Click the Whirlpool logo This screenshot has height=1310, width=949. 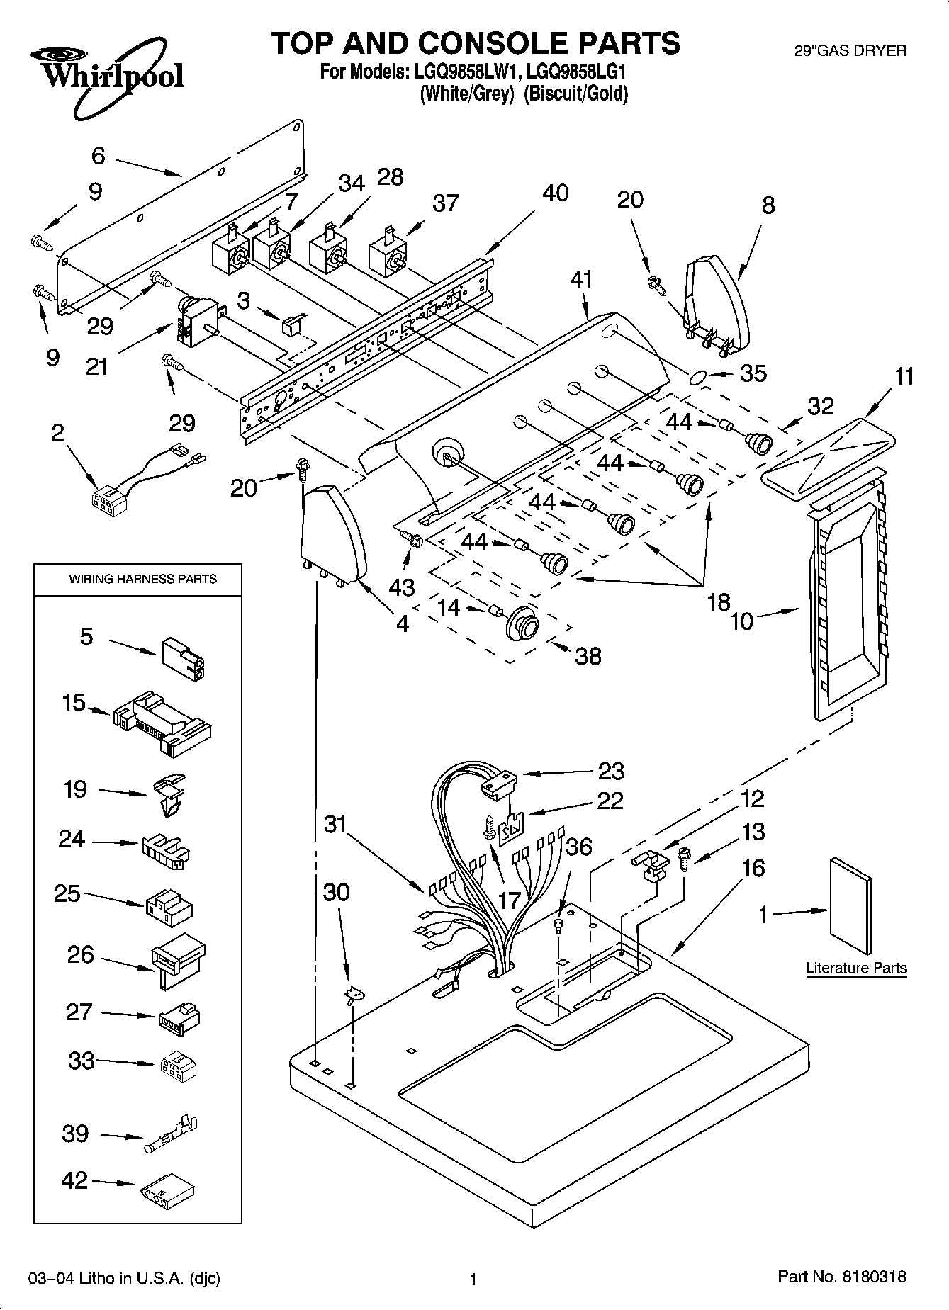[106, 74]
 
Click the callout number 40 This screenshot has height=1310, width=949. [555, 193]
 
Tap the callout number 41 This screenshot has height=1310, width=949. [581, 280]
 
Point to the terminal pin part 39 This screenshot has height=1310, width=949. [172, 1134]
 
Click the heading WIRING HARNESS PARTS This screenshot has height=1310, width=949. [142, 579]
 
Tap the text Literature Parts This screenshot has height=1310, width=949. [856, 968]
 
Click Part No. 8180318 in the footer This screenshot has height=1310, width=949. [841, 1277]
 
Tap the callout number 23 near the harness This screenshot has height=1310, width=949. [611, 770]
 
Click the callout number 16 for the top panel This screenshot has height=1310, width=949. [753, 869]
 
